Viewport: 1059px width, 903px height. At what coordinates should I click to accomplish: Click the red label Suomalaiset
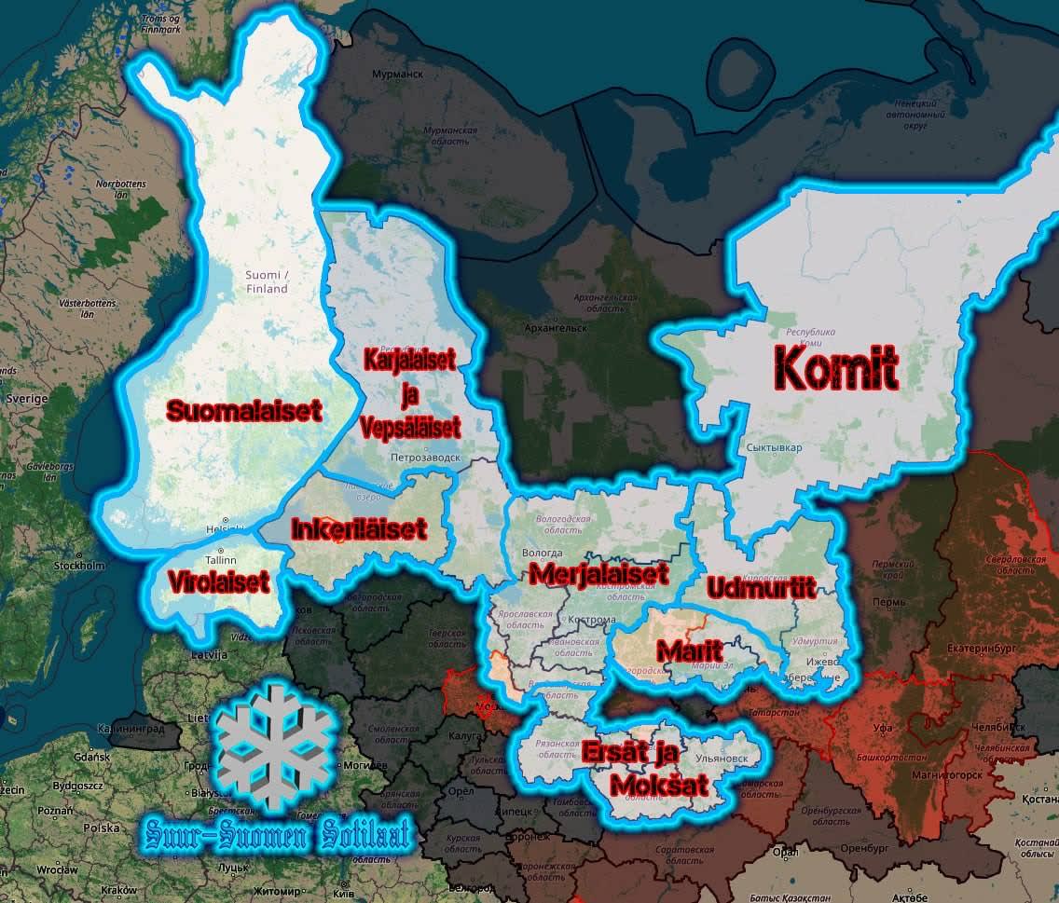click(244, 410)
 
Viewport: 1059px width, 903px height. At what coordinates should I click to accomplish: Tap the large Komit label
click(836, 370)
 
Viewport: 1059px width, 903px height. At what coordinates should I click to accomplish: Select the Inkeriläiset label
click(359, 528)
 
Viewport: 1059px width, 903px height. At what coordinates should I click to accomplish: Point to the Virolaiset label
click(219, 582)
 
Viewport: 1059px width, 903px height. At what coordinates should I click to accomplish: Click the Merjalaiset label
click(598, 572)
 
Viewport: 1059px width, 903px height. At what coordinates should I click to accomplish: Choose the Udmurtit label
click(761, 588)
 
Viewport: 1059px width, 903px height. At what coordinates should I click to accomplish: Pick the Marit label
click(689, 650)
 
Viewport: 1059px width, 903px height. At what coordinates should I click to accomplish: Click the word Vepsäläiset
click(411, 429)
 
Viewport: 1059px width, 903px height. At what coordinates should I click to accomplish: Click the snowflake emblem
click(274, 746)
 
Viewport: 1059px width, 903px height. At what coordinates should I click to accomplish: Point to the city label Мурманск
click(396, 73)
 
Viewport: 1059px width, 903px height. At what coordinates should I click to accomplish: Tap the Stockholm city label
click(79, 565)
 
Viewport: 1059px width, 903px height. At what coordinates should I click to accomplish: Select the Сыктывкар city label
click(774, 448)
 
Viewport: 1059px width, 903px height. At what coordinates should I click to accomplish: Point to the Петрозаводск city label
click(425, 458)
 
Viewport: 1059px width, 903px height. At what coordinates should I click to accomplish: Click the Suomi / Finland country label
click(267, 281)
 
